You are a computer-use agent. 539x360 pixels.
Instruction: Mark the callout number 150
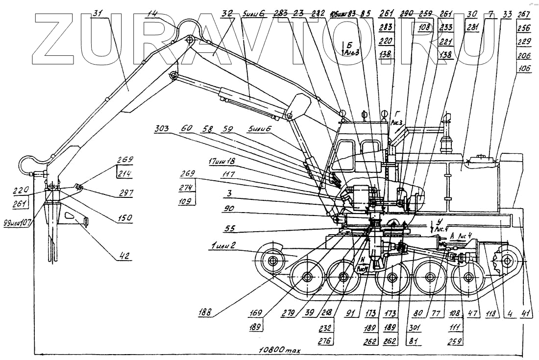pos(125,219)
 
